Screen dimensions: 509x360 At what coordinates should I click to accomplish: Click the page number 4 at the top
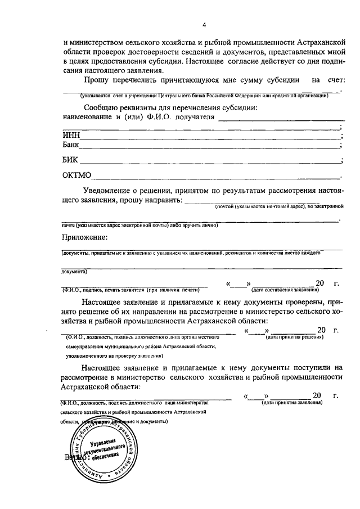[x=204, y=25]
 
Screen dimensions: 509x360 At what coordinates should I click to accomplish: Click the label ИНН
[x=71, y=135]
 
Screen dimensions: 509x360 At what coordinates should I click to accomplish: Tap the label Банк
[x=71, y=145]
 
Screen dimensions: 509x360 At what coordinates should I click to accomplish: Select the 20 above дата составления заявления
[x=320, y=282]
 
